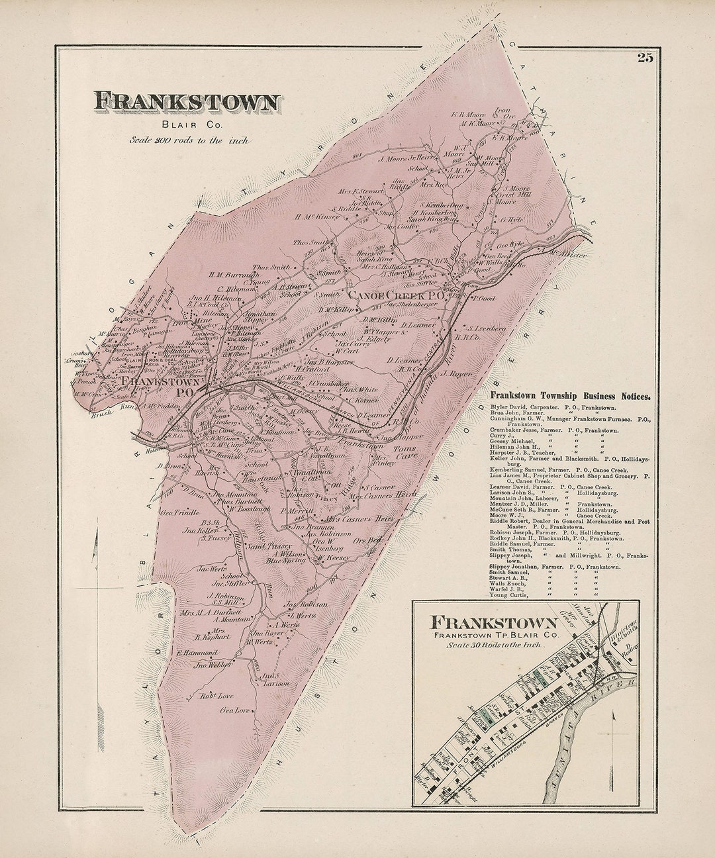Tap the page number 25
(x=645, y=58)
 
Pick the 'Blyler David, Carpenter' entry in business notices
(x=553, y=405)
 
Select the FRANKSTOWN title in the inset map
(x=494, y=622)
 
